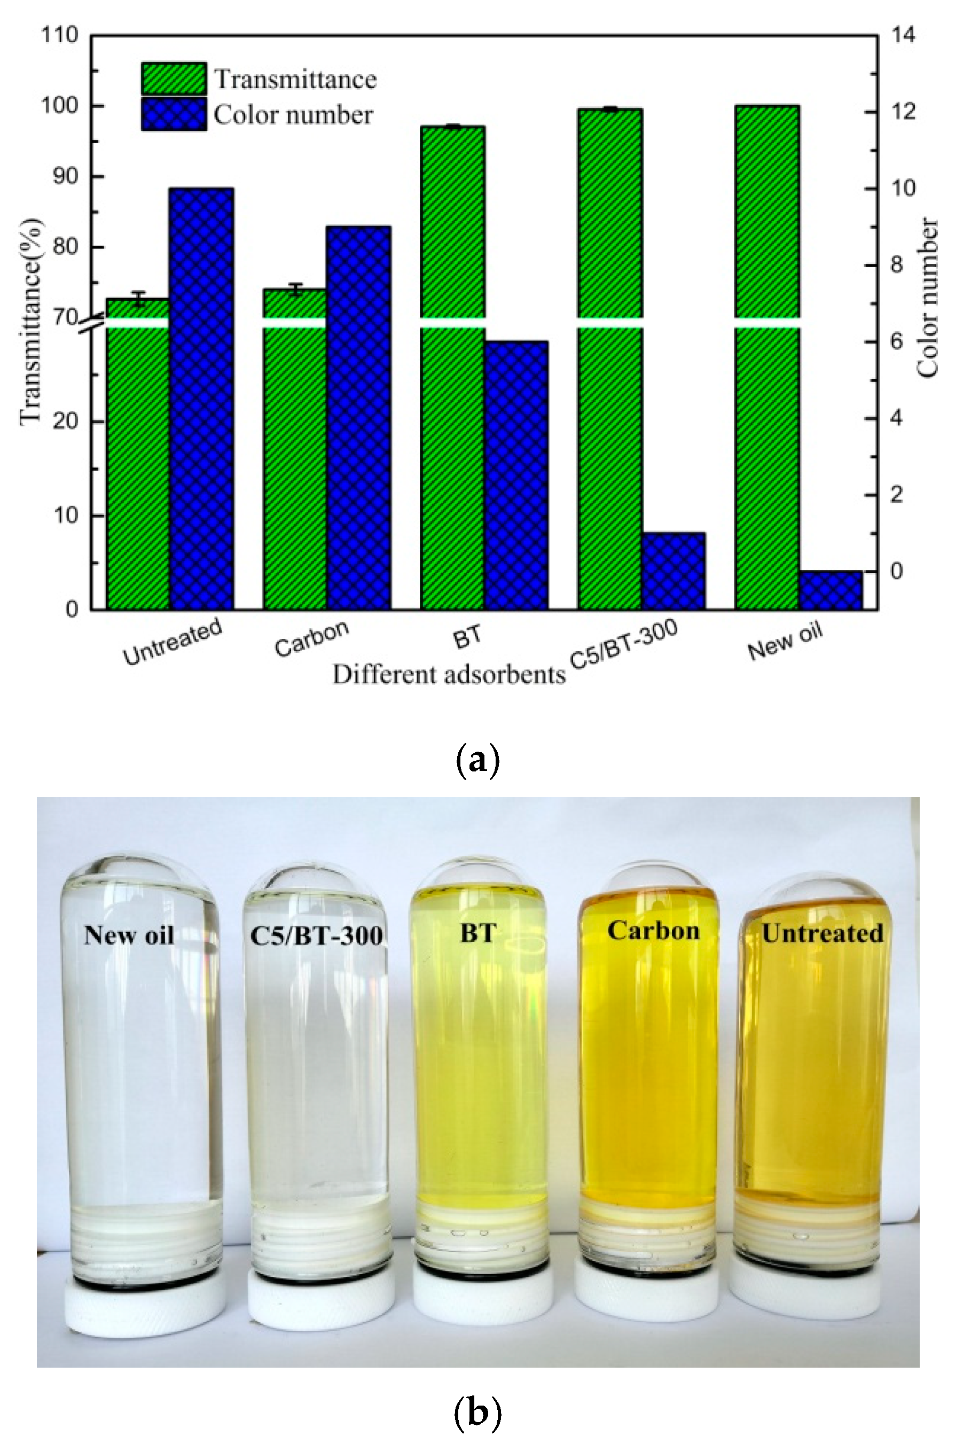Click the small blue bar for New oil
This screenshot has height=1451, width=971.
coord(831,590)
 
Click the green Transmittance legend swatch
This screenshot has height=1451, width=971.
coord(174,79)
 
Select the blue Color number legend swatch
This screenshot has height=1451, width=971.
coord(174,114)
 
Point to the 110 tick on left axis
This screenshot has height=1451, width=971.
coord(60,35)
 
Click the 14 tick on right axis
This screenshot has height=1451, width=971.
coord(902,35)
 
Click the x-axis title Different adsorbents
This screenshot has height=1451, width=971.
coord(449,674)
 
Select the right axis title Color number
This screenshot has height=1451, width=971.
coord(927,297)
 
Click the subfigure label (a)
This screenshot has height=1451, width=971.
coord(477,759)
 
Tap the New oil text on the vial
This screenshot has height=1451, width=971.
coord(129,935)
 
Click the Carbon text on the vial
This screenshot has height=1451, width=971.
coord(653,930)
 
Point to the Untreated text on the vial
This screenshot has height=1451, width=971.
coord(822,933)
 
